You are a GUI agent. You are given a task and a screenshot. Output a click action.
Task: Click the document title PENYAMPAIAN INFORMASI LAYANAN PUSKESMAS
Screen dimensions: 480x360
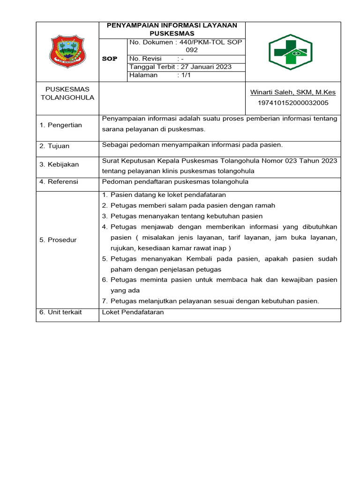172,30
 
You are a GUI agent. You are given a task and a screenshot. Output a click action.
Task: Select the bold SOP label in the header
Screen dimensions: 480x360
110,59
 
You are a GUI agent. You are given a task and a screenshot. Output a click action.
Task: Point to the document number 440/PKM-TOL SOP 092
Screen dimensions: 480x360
186,46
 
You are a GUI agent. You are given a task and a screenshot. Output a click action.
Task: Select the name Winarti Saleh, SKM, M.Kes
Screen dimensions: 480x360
293,92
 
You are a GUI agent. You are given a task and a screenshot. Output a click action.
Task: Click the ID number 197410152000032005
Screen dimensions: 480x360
293,103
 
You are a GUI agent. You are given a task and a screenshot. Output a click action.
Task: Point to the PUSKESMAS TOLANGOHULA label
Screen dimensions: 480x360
67,93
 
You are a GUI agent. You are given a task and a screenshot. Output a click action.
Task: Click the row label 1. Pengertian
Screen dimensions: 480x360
60,125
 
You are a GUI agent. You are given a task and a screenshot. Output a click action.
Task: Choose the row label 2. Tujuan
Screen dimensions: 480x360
54,146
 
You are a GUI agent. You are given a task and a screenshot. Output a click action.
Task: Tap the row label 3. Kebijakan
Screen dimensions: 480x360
59,165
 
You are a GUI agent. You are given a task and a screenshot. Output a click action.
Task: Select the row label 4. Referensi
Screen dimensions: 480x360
59,182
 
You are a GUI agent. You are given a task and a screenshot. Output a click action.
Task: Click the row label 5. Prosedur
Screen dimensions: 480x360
58,240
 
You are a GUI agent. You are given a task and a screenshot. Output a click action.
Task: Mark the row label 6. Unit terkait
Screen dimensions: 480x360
60,312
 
